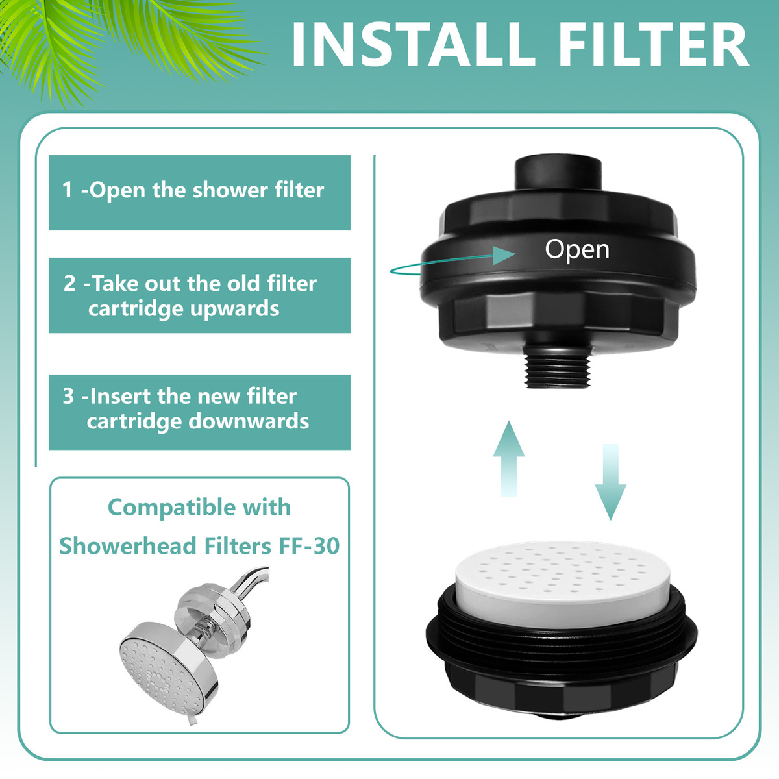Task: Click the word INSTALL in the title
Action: [412, 45]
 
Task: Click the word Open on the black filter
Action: [577, 250]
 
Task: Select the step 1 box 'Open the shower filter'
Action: [200, 192]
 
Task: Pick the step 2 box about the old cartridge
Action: [200, 295]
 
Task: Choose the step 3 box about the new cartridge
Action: [200, 412]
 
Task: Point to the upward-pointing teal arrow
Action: [509, 458]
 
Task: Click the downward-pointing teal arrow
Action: [610, 482]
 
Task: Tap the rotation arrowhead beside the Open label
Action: [504, 256]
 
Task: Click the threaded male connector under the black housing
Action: [558, 366]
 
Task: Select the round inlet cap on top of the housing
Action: [558, 175]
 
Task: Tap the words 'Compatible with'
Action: [199, 508]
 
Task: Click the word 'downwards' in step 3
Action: [249, 421]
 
